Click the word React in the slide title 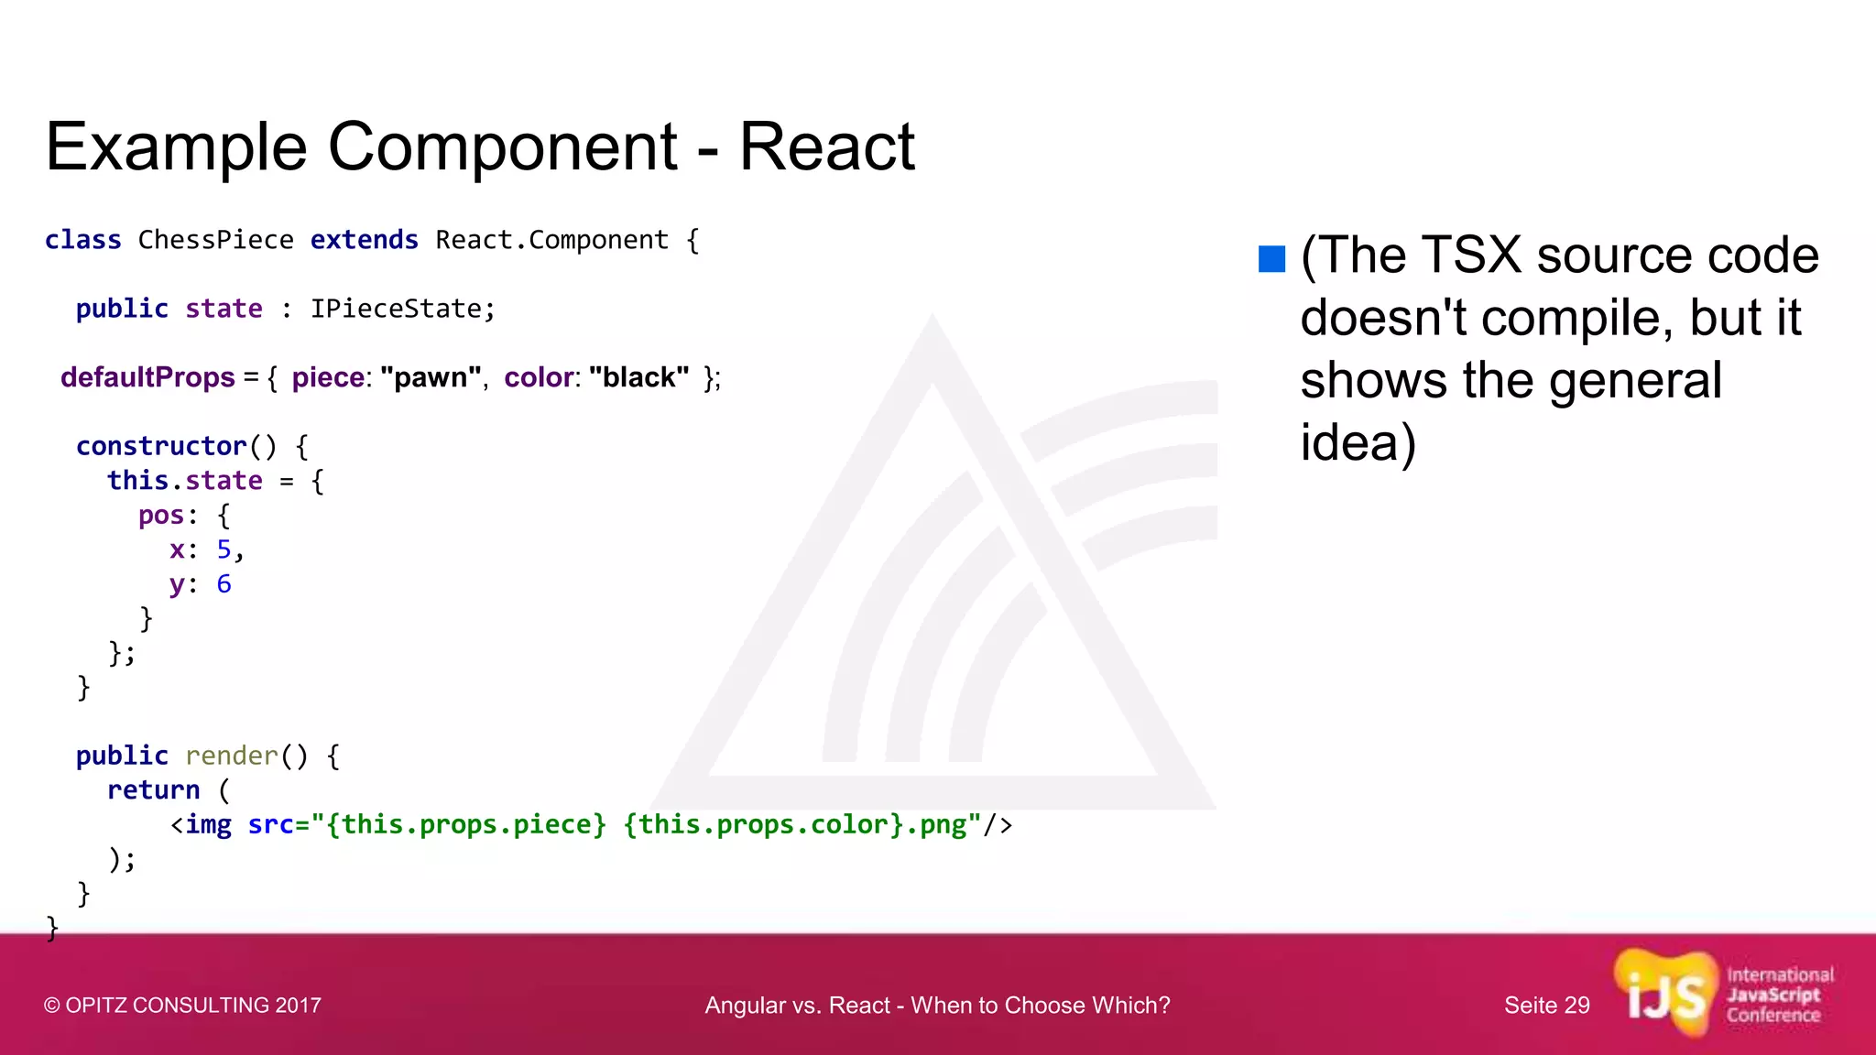point(826,147)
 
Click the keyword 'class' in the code point(82,240)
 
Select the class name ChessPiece point(215,240)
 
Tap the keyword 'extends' point(364,240)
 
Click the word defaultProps point(147,377)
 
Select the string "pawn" point(431,377)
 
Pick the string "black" point(638,377)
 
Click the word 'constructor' point(161,446)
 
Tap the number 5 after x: point(224,549)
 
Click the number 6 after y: point(224,584)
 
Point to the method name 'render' point(231,756)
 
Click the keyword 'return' point(153,790)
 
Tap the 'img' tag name point(208,825)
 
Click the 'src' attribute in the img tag point(270,825)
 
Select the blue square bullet point(1271,259)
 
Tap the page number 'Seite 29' point(1546,1006)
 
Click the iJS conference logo point(1722,995)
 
